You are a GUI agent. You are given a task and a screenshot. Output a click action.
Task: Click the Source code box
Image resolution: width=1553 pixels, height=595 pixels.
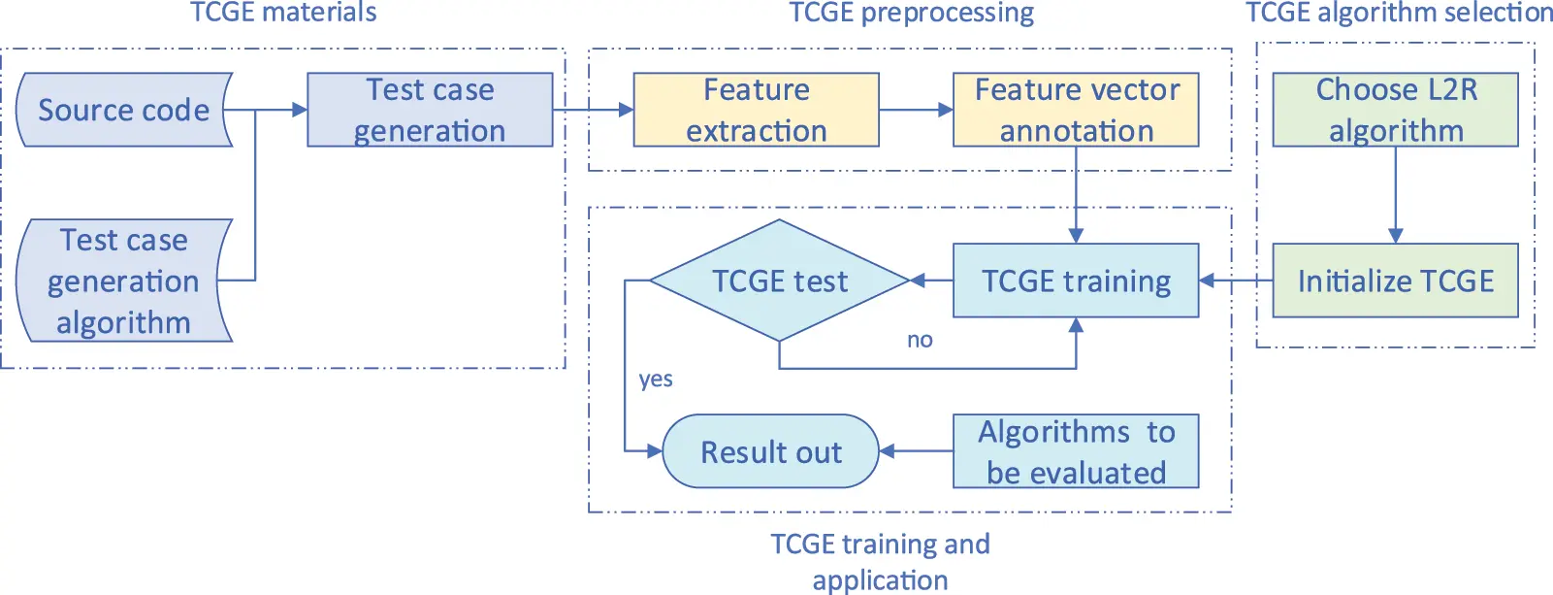[x=123, y=110]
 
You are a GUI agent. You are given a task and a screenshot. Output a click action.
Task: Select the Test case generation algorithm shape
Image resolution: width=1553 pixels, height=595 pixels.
[x=123, y=281]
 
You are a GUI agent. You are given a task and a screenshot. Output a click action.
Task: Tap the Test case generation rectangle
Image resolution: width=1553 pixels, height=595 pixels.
[x=430, y=110]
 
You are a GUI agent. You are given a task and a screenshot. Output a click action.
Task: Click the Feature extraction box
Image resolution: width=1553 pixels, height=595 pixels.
[x=756, y=110]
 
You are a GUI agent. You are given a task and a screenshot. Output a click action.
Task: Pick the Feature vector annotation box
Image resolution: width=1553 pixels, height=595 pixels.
[x=1076, y=110]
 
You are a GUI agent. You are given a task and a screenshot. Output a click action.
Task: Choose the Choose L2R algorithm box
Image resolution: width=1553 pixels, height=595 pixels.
[x=1395, y=110]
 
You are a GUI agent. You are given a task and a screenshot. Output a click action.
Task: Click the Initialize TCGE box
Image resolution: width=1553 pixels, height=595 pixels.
[x=1395, y=281]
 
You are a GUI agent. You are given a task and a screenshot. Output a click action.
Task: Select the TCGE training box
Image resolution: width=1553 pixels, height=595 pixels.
[x=1076, y=281]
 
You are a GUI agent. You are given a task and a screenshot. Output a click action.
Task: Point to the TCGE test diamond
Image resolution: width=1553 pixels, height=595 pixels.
[x=779, y=281]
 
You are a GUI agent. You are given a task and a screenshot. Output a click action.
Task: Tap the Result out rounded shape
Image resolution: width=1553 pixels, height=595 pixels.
[x=770, y=451]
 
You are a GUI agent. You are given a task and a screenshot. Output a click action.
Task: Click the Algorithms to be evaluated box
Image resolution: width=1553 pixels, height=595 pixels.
[x=1076, y=451]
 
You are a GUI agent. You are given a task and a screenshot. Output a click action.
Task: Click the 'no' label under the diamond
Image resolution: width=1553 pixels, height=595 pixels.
[x=920, y=340]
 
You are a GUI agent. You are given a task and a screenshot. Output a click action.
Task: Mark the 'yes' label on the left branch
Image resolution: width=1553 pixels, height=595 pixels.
[x=656, y=379]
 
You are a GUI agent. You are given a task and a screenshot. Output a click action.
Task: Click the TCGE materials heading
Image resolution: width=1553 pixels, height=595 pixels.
[x=283, y=13]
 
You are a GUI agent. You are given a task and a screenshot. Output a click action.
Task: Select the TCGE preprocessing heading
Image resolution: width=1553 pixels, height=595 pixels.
[x=911, y=13]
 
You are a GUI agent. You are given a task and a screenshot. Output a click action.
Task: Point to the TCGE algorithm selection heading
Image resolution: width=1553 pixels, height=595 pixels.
[x=1399, y=13]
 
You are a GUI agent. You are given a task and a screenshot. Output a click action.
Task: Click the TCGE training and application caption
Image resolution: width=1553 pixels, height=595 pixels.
[x=880, y=561]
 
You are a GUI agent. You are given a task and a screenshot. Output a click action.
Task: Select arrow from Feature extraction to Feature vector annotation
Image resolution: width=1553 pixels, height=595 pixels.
[x=916, y=110]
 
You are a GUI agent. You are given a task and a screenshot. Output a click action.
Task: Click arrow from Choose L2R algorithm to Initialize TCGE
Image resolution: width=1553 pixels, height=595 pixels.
[x=1395, y=194]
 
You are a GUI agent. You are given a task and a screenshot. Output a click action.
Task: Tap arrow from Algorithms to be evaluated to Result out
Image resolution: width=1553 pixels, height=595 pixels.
[x=916, y=451]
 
